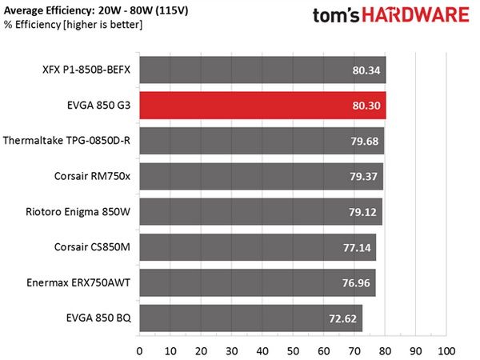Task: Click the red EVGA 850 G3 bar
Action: [262, 106]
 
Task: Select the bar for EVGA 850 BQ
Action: [251, 318]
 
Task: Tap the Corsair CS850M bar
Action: [258, 247]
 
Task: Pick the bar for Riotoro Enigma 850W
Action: [261, 212]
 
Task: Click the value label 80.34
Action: [366, 70]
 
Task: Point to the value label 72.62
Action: [343, 318]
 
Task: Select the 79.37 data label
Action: [364, 176]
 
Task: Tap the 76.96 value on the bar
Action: [356, 283]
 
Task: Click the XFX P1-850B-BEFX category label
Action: [86, 70]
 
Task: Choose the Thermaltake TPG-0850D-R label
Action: [66, 141]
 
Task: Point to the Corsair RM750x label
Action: [92, 176]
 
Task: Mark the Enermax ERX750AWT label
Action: [78, 282]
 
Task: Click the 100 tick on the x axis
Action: [446, 351]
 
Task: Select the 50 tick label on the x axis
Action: [293, 351]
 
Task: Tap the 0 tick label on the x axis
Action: [139, 351]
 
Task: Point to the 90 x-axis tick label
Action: [416, 351]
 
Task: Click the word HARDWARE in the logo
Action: [416, 14]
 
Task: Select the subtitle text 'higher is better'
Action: [103, 25]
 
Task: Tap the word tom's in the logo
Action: [336, 15]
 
